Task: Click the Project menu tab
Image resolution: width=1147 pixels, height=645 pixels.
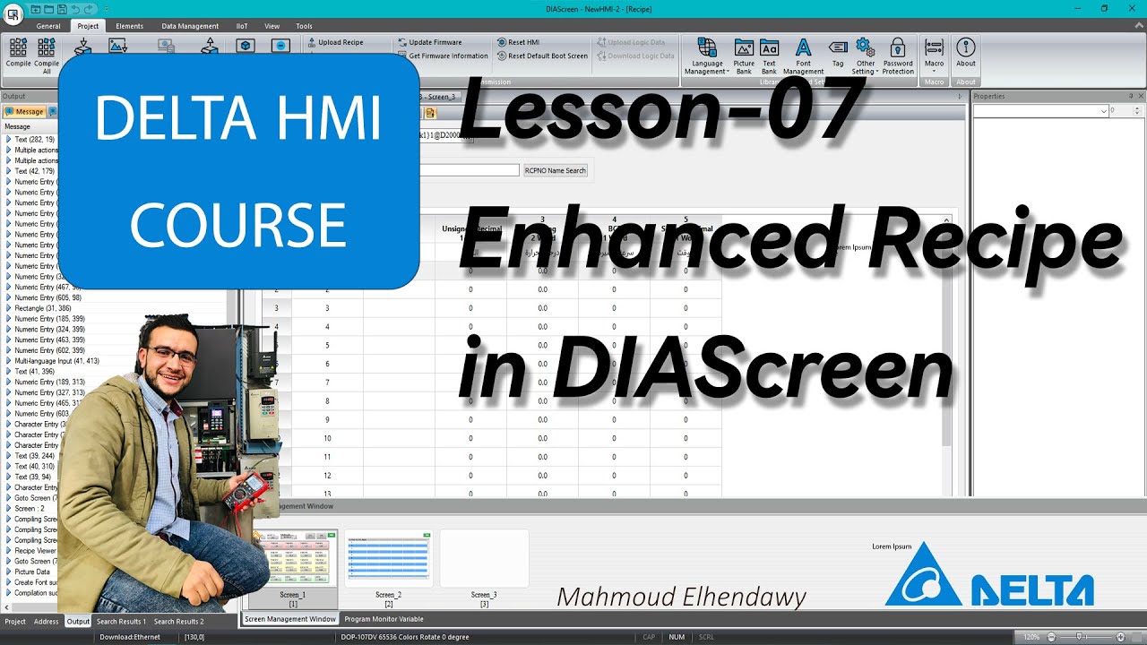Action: click(x=88, y=26)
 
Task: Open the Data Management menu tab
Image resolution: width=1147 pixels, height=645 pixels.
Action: click(x=190, y=26)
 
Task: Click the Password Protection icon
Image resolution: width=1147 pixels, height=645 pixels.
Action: click(x=897, y=55)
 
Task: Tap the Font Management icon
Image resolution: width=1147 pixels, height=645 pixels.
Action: click(x=803, y=55)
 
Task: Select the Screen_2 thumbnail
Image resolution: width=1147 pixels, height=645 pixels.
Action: click(x=389, y=560)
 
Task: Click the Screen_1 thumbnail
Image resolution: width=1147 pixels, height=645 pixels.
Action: click(x=293, y=560)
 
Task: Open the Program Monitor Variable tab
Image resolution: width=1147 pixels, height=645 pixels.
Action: click(x=384, y=619)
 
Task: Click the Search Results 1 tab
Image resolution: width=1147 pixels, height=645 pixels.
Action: click(x=121, y=621)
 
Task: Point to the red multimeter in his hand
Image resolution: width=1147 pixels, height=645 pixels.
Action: click(x=248, y=489)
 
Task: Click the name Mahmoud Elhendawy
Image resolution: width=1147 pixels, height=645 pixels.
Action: click(x=681, y=597)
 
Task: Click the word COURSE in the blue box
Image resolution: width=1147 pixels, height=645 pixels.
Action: click(x=238, y=225)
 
